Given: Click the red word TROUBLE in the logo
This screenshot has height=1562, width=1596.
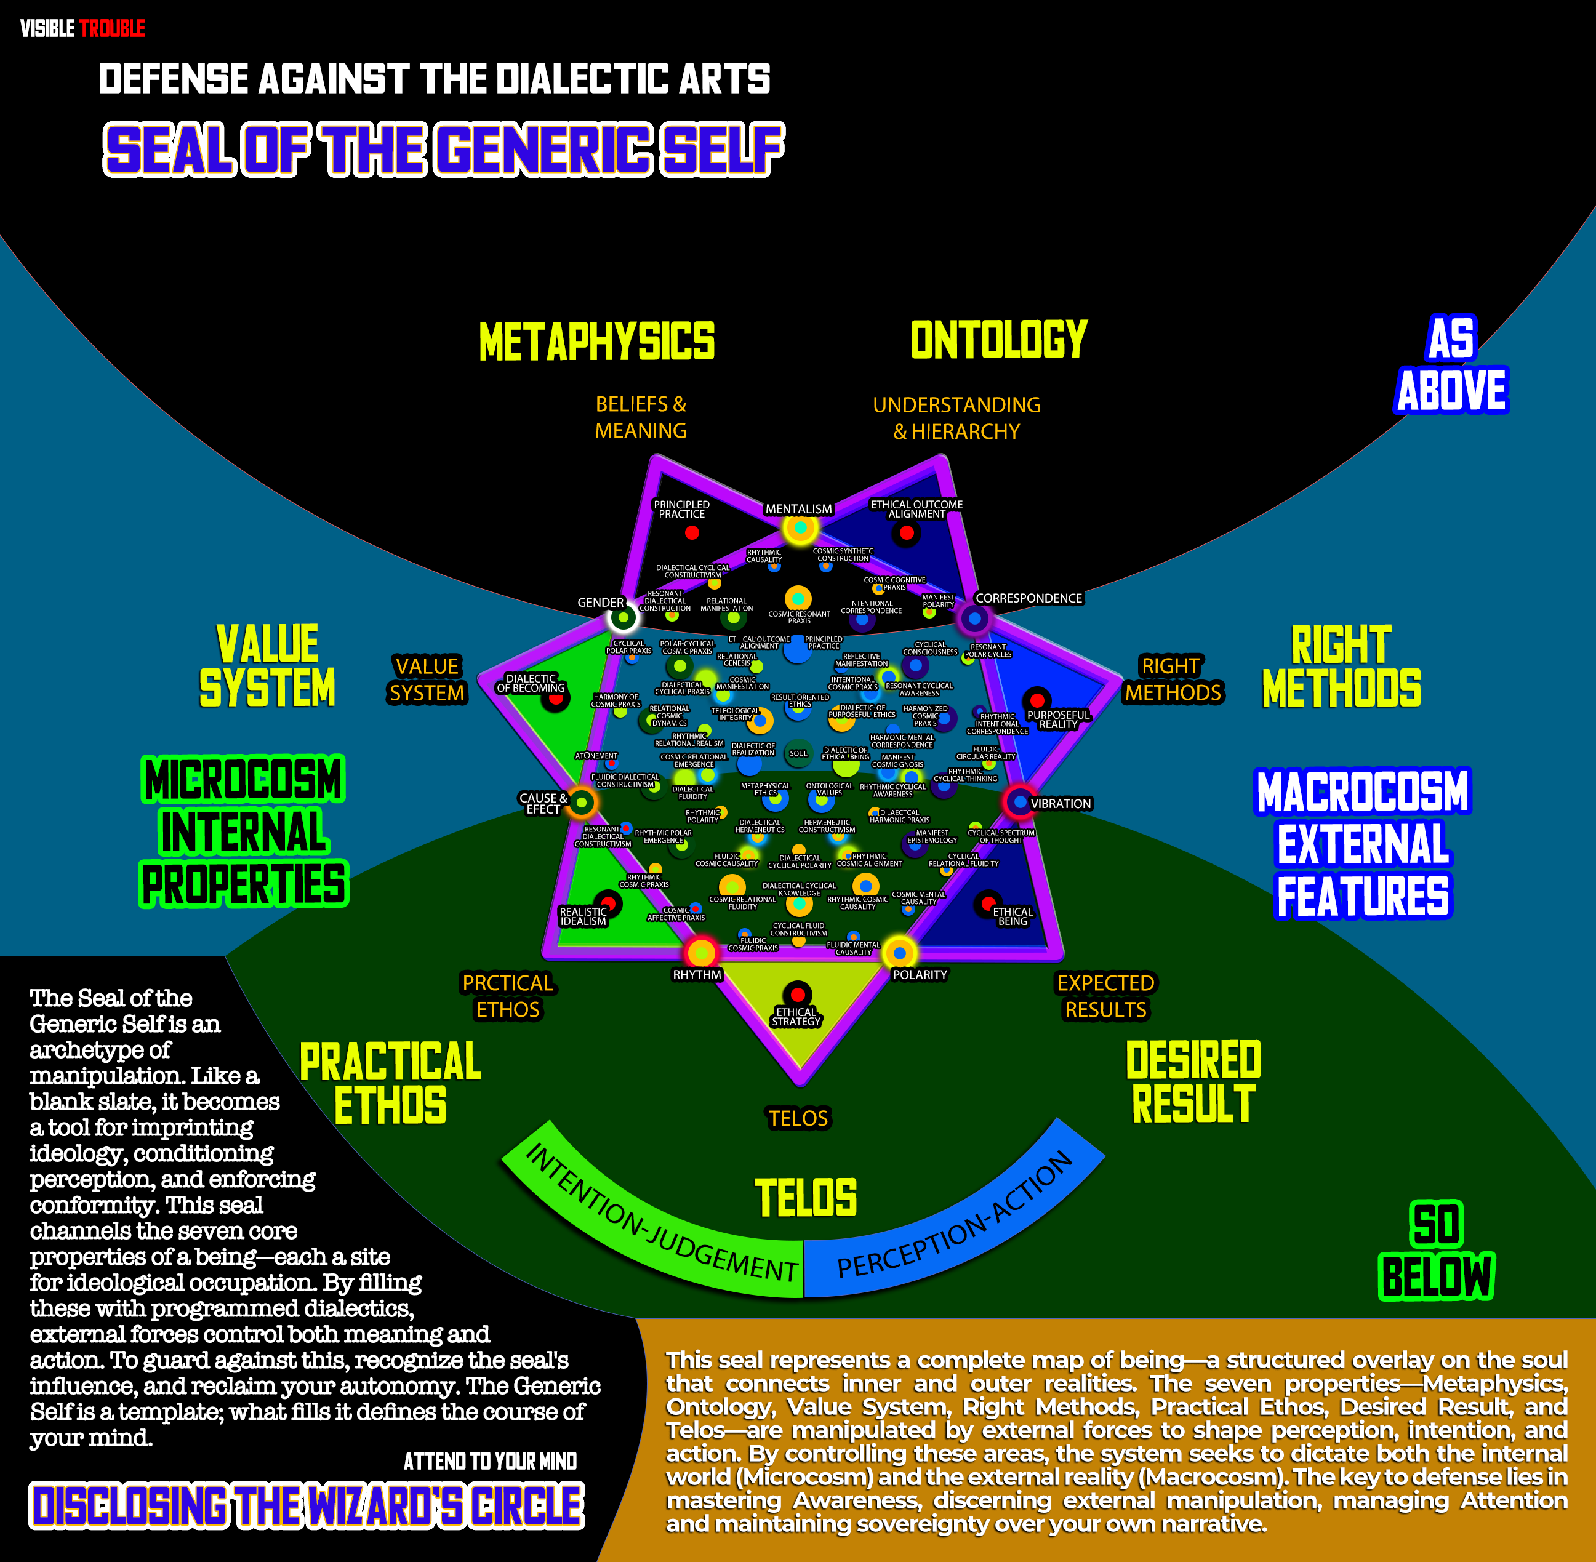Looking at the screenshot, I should click(113, 29).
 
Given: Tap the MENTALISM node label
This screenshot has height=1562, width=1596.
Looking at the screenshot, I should click(798, 508).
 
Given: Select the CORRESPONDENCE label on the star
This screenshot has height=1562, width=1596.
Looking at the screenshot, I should click(1028, 598).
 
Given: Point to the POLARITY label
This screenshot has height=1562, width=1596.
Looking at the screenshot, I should click(919, 975).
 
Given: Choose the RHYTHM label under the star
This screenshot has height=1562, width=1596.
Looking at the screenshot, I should click(697, 975).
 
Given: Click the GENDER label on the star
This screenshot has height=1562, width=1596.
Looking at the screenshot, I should click(601, 602).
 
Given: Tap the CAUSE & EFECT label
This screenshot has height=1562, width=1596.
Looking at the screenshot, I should click(542, 803).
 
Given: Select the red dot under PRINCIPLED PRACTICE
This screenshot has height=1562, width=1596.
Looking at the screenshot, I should click(692, 532).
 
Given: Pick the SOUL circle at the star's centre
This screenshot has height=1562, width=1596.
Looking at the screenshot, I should click(798, 753).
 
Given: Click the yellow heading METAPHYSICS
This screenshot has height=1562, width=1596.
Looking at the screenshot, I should click(596, 342).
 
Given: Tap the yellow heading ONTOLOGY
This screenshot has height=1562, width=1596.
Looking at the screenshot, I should click(998, 340).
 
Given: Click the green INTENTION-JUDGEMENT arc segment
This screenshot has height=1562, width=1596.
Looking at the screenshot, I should click(657, 1215).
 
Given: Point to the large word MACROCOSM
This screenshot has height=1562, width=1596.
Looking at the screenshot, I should click(1362, 791).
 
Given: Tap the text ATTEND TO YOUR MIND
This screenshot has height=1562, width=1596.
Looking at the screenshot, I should click(490, 1460).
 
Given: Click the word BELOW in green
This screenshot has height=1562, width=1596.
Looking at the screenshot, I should click(1436, 1276).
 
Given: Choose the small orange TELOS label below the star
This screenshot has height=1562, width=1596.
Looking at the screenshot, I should click(798, 1118).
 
